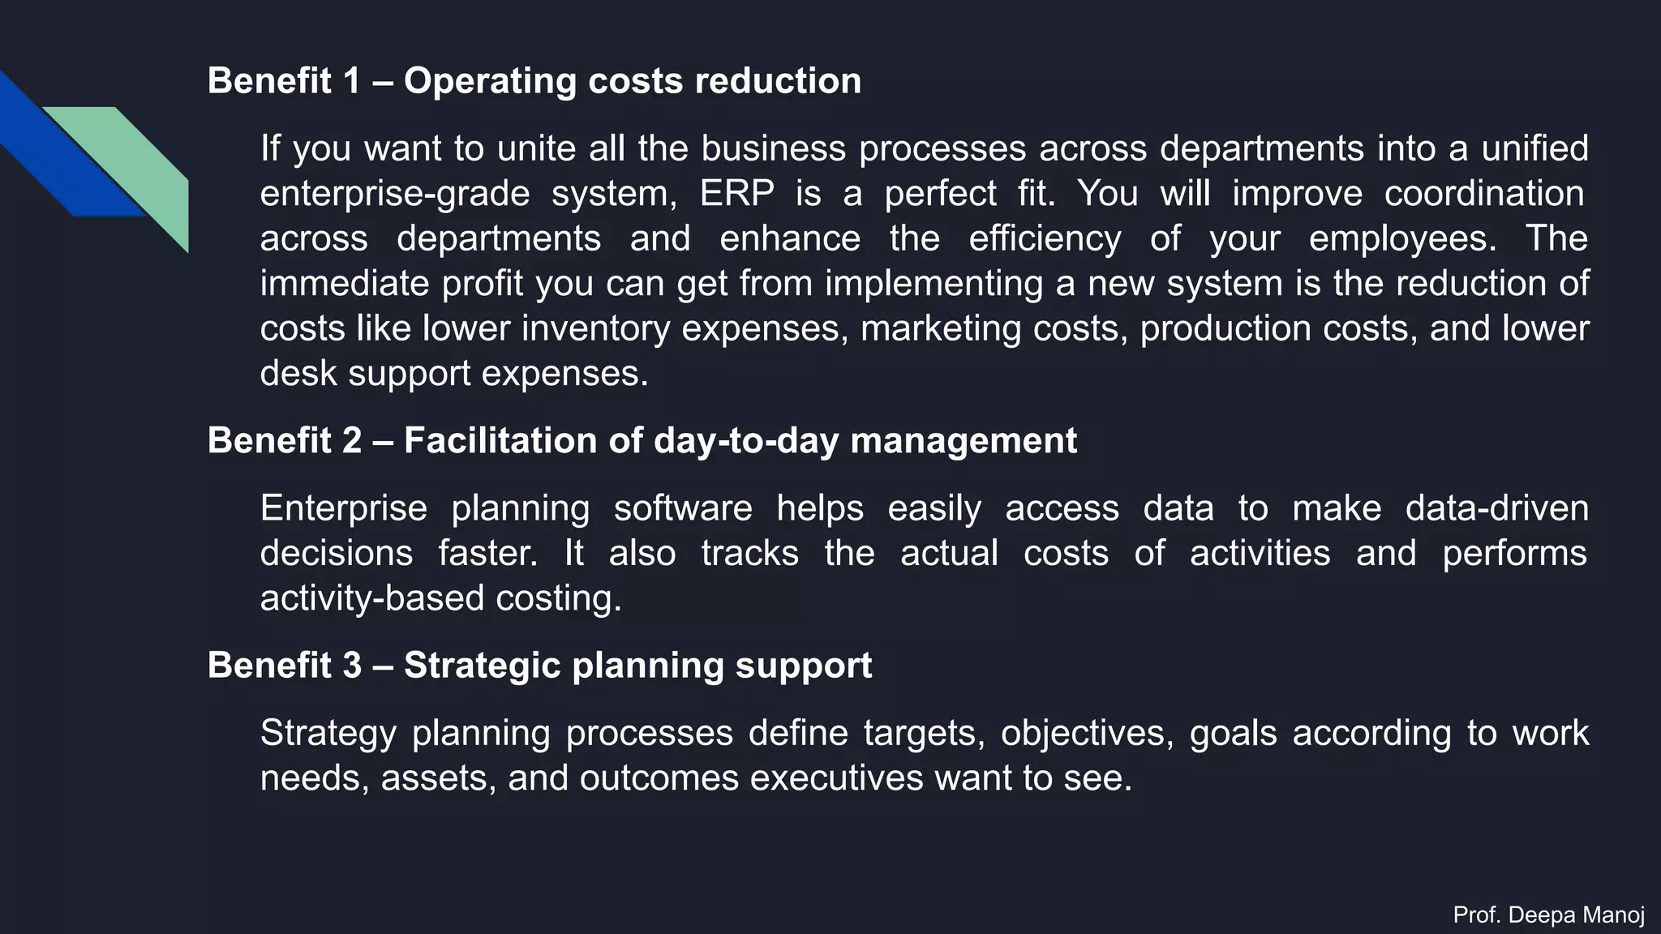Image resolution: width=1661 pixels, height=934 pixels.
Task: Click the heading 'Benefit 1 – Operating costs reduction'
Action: tap(534, 81)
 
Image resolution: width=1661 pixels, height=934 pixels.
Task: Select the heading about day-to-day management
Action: tap(642, 441)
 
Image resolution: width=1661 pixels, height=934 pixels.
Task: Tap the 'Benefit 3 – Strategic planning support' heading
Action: tap(539, 666)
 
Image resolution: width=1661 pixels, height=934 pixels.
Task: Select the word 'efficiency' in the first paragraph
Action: tap(1045, 238)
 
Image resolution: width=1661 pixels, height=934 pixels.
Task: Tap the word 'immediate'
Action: tap(345, 284)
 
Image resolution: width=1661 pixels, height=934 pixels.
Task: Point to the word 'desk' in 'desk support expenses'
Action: tap(298, 373)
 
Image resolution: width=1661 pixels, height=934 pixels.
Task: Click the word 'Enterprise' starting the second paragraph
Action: tap(343, 508)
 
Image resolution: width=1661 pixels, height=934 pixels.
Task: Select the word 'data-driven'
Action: tap(1496, 508)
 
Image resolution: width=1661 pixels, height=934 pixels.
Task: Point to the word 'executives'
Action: tap(836, 778)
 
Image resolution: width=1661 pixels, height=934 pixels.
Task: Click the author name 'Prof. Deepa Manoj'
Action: tap(1548, 915)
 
